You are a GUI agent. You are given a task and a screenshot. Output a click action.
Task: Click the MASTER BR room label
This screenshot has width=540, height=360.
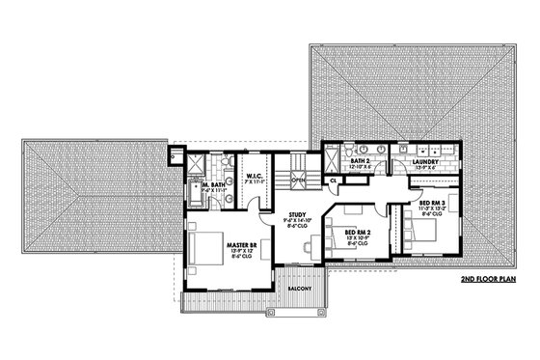(x=239, y=246)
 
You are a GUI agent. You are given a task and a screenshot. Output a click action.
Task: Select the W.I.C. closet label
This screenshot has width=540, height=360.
(x=256, y=177)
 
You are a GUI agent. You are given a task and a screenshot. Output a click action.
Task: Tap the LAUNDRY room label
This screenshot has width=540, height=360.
(x=425, y=160)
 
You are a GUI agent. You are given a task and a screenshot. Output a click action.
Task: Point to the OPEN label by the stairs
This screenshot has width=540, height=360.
(x=299, y=179)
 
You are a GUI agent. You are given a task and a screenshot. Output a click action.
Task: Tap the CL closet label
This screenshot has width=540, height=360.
(x=334, y=179)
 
